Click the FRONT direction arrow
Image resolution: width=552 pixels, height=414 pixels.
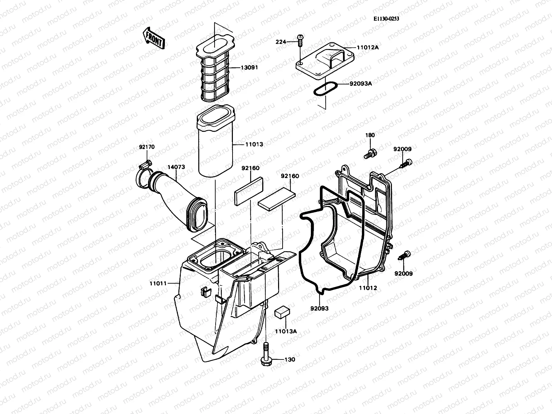pos(154,38)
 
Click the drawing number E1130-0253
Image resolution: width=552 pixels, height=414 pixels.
pos(386,19)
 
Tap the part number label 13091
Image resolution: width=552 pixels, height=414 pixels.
pos(249,68)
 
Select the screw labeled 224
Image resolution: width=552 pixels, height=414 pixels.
pos(300,41)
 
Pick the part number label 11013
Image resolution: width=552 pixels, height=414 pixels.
pos(254,144)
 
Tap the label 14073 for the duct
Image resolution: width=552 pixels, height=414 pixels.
pos(176,167)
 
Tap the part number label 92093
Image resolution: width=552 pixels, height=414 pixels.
pos(319,308)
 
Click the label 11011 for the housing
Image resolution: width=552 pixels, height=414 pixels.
pos(158,283)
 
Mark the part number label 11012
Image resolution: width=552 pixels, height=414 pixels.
pos(368,288)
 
